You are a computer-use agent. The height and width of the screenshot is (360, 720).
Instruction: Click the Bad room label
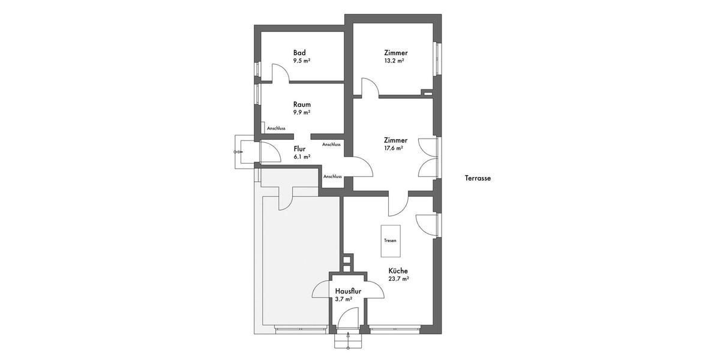click(299, 53)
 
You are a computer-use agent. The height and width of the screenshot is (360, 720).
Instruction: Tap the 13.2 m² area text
click(394, 61)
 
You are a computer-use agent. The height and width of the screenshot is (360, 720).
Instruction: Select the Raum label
click(302, 104)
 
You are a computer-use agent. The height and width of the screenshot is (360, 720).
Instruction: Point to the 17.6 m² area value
click(394, 148)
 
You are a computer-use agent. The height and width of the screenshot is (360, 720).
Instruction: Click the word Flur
click(300, 148)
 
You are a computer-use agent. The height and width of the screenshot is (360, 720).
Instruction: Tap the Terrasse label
click(478, 178)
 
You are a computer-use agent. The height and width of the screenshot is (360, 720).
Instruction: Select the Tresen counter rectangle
click(390, 240)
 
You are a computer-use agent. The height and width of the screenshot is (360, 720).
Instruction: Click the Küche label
click(398, 271)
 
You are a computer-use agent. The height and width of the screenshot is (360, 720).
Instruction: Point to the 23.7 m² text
click(398, 279)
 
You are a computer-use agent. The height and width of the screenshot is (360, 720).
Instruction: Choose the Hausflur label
click(348, 291)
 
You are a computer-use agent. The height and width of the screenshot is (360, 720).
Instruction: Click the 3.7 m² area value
click(343, 299)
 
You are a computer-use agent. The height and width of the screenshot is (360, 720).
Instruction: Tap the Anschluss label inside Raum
click(276, 128)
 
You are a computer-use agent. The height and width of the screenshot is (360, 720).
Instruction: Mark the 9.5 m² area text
click(301, 61)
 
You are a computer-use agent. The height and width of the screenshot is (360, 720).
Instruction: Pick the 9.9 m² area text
click(301, 112)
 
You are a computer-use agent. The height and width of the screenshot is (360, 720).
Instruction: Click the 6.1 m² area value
click(301, 157)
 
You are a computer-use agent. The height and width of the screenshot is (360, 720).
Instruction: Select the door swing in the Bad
click(281, 73)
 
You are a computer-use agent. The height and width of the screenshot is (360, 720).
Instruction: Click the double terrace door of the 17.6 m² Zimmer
click(428, 157)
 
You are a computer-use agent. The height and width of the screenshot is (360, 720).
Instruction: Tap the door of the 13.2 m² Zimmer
click(370, 87)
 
